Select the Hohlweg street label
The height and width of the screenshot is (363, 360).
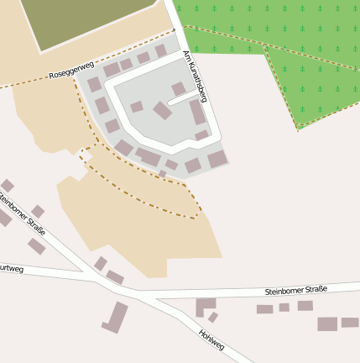[x=212, y=339]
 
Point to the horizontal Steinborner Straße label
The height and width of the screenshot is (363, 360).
[x=295, y=290]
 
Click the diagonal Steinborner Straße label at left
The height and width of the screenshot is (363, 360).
[x=22, y=215]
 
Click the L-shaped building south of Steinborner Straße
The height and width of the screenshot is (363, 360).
[x=204, y=305]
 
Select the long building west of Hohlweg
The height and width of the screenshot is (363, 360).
[x=115, y=318]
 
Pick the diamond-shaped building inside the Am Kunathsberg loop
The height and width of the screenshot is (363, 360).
[x=162, y=110]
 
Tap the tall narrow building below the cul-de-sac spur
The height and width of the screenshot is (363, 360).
[x=197, y=113]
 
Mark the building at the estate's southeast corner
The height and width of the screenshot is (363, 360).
[x=217, y=159]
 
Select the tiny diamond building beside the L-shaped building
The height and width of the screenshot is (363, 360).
[x=213, y=318]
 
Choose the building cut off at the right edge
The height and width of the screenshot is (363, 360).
[x=350, y=322]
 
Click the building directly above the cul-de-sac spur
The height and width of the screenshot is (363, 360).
[x=178, y=88]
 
